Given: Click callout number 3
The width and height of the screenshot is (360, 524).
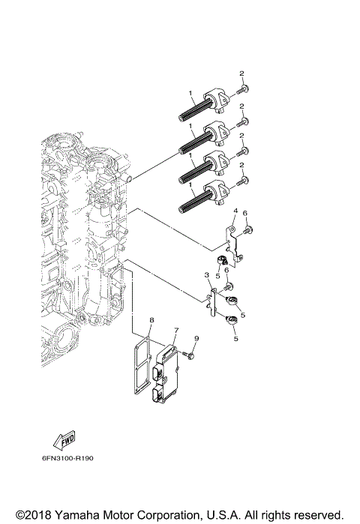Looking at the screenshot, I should pyautogui.click(x=206, y=277).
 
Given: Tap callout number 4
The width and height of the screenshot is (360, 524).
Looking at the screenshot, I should pyautogui.click(x=235, y=211).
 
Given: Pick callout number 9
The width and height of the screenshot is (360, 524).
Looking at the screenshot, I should pyautogui.click(x=196, y=340).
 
